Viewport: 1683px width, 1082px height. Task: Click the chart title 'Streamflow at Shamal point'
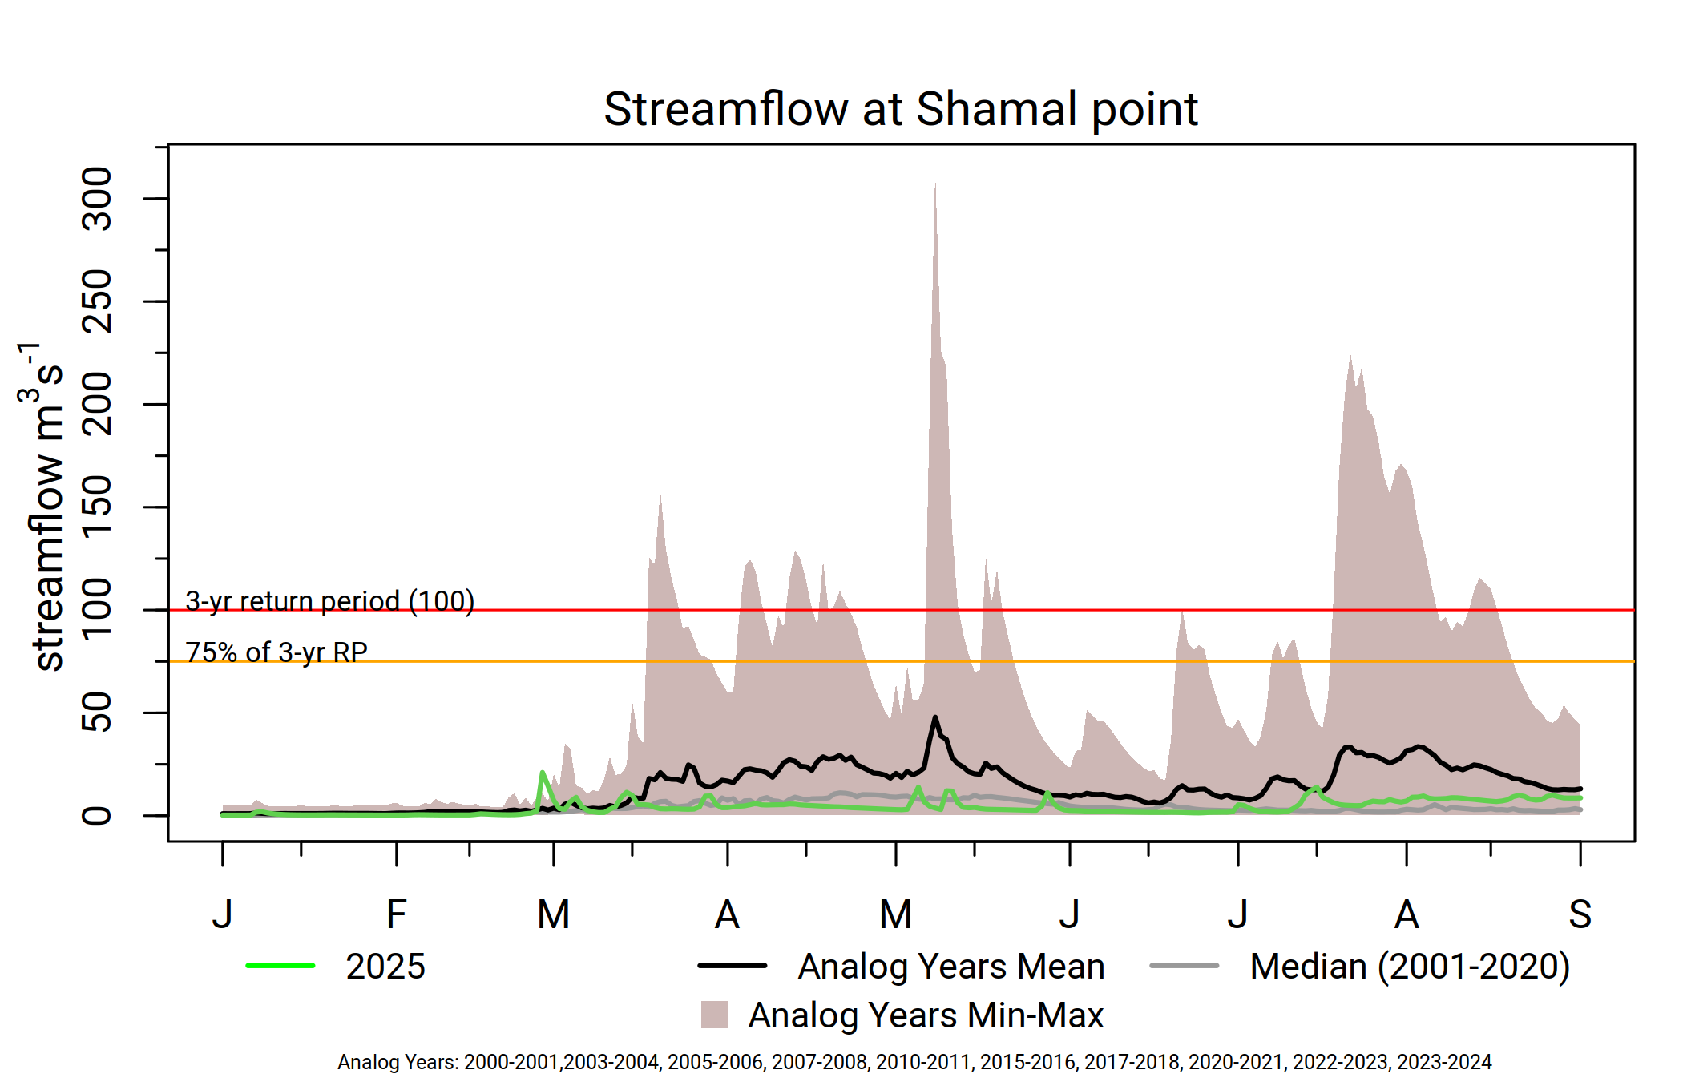(x=901, y=109)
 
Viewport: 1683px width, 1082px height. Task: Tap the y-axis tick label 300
(x=97, y=199)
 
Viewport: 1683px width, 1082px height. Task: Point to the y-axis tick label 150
(x=97, y=507)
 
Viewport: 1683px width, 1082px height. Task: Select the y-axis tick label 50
(x=97, y=712)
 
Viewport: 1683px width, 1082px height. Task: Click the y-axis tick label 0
(x=97, y=816)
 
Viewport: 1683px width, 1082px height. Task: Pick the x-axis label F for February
(x=397, y=914)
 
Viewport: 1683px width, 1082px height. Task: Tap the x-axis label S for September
(x=1580, y=914)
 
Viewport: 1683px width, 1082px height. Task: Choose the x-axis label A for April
(x=727, y=914)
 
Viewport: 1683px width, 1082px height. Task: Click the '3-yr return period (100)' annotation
(x=330, y=601)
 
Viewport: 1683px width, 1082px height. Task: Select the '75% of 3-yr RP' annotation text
(x=276, y=652)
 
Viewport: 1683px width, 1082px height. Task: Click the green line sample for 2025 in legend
(x=280, y=966)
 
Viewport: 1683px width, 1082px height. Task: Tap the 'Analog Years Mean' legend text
(x=951, y=967)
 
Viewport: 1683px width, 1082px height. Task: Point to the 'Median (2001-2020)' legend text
(x=1410, y=967)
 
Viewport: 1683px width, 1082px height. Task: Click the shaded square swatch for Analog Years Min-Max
(x=715, y=1015)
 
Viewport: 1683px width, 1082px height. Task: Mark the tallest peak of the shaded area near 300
(x=935, y=184)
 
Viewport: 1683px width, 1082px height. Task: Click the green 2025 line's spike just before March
(x=543, y=773)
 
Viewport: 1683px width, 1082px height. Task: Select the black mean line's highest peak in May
(x=935, y=717)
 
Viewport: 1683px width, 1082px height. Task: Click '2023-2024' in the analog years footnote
(x=1444, y=1062)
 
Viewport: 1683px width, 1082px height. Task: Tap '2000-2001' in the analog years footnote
(x=511, y=1062)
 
